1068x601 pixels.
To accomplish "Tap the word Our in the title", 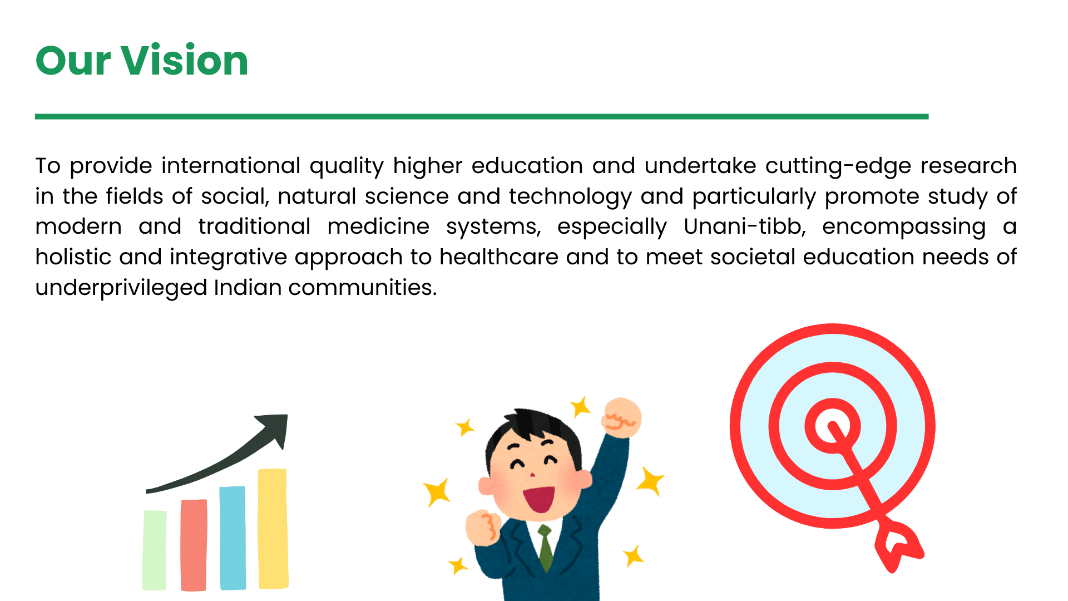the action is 73,60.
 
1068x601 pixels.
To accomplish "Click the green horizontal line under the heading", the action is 482,116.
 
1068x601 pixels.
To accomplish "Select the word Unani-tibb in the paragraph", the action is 745,226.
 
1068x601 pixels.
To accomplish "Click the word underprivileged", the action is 121,288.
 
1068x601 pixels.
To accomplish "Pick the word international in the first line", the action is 231,166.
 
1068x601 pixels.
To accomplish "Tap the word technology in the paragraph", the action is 570,196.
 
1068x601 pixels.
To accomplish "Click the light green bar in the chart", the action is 155,550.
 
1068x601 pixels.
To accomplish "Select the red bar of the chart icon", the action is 194,545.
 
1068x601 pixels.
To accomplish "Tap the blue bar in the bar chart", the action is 233,538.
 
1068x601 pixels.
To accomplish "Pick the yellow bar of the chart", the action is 273,529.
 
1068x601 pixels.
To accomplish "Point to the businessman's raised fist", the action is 622,417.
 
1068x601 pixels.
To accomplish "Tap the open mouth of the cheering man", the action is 538,499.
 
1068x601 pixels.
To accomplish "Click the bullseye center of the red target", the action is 832,427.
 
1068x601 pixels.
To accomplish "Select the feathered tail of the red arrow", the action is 898,545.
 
